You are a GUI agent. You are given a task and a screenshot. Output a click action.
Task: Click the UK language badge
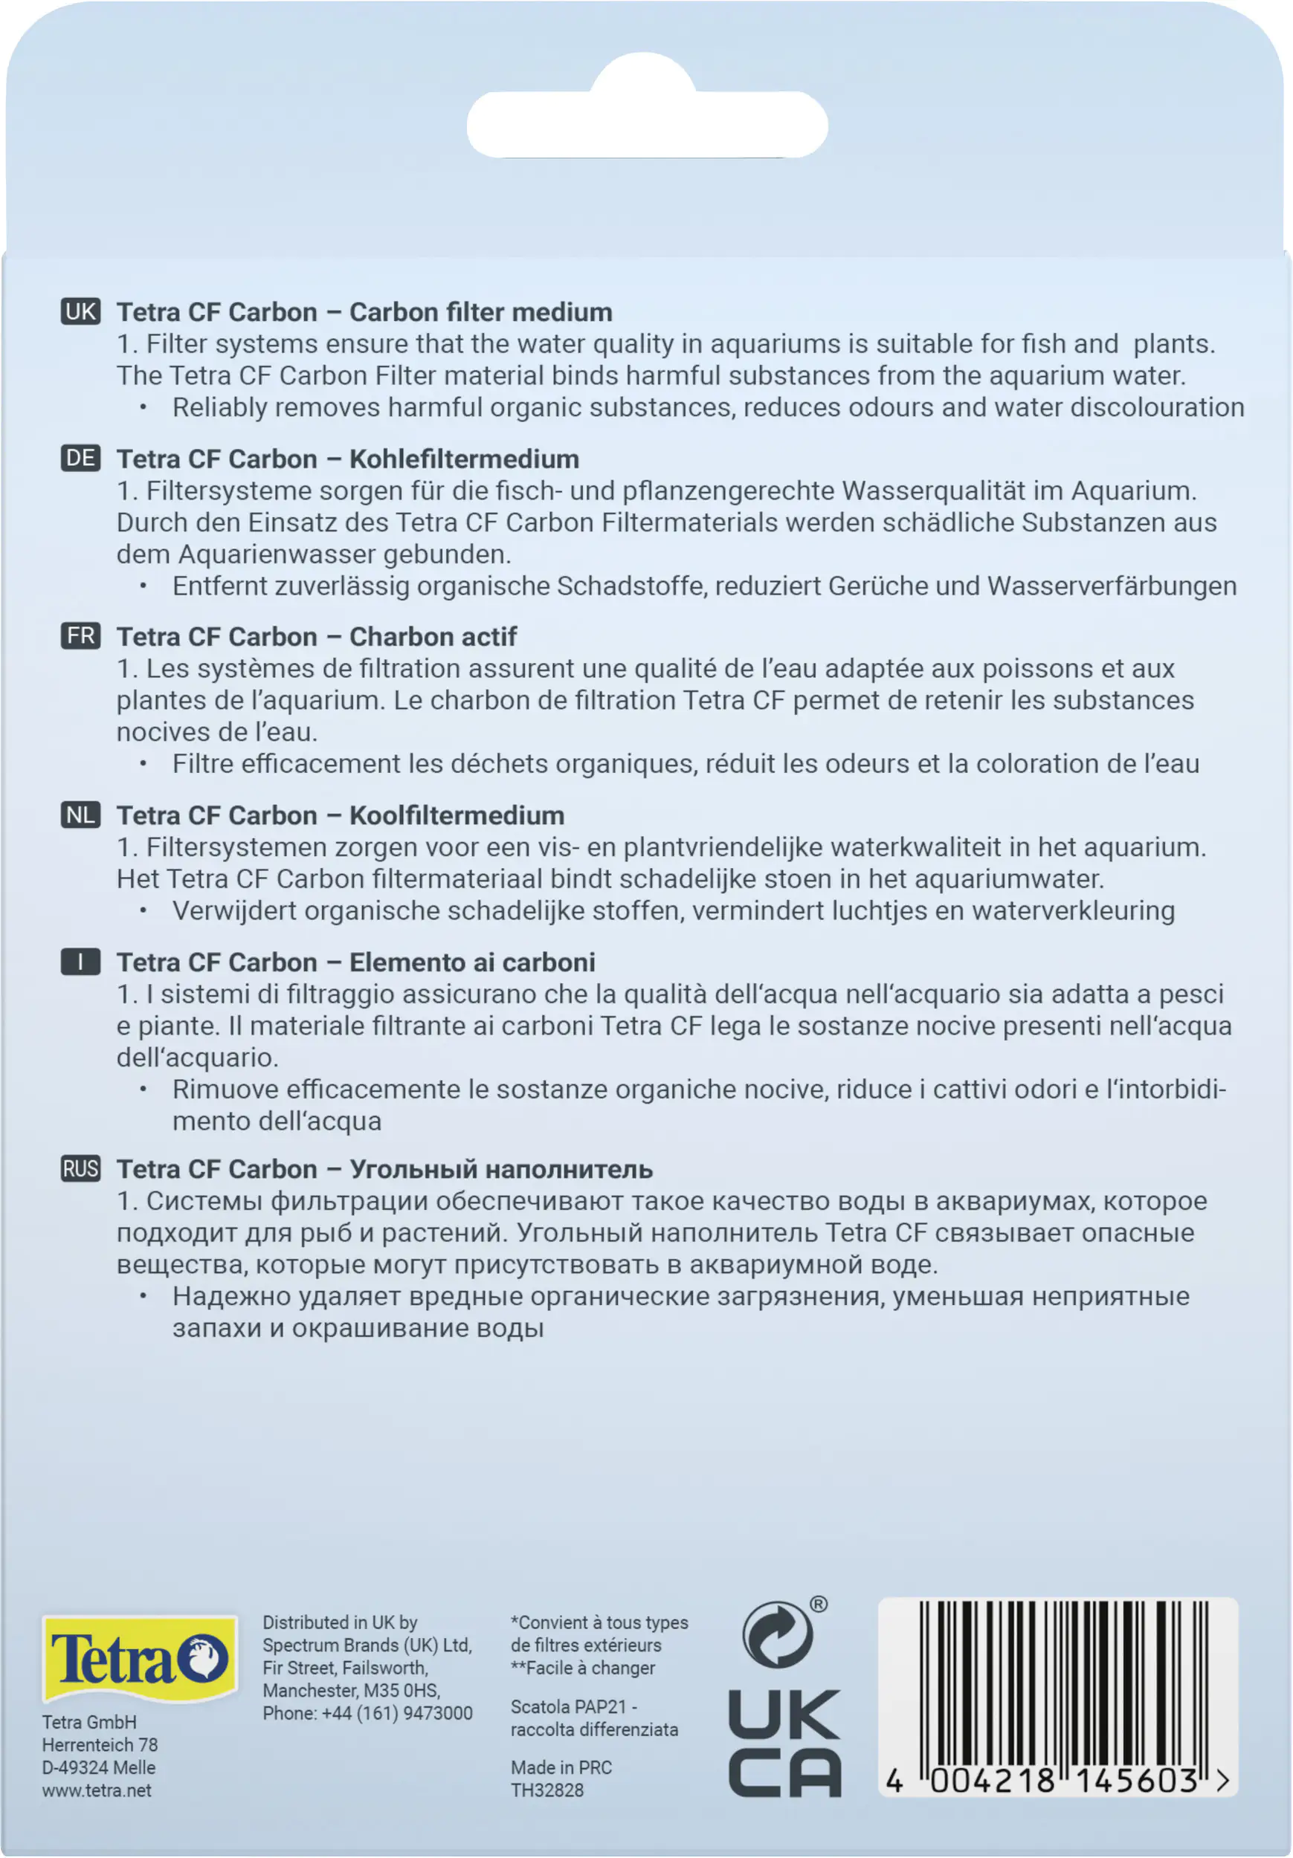click(x=80, y=311)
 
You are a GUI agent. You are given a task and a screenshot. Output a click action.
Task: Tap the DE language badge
click(x=80, y=458)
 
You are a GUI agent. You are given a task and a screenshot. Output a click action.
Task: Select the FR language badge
click(x=80, y=636)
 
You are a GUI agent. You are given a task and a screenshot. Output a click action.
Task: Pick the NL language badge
click(x=80, y=815)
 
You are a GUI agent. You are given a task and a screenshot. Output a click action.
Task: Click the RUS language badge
click(x=80, y=1168)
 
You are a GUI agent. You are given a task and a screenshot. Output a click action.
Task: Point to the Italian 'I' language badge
click(x=80, y=962)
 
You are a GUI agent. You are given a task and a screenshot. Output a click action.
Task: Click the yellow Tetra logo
click(x=139, y=1658)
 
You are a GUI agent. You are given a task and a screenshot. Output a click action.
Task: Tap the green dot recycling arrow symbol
click(x=777, y=1634)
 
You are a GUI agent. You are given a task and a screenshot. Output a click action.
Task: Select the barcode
click(x=1057, y=1696)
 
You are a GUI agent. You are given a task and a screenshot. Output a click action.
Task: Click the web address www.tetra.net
click(x=97, y=1790)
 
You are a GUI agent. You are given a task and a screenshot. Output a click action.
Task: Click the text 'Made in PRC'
click(x=561, y=1767)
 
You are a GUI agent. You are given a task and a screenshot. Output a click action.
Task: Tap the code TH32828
click(x=546, y=1790)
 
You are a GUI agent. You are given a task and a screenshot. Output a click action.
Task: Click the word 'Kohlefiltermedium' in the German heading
click(x=464, y=459)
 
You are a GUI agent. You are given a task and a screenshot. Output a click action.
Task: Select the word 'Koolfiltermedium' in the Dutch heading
click(x=457, y=816)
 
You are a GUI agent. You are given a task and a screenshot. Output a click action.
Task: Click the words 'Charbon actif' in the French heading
click(x=432, y=637)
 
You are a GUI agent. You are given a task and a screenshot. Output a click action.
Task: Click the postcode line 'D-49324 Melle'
click(x=99, y=1767)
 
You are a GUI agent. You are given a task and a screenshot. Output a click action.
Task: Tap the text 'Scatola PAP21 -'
click(x=574, y=1706)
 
